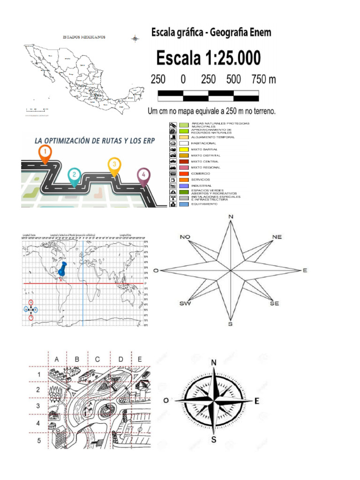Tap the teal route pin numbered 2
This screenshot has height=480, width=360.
tap(73, 176)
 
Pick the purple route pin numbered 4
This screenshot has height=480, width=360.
tap(144, 176)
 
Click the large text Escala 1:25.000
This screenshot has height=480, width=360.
tap(209, 59)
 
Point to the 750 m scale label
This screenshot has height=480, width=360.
tap(264, 79)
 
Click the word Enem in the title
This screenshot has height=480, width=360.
tap(256, 33)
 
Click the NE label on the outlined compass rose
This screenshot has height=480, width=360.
tap(277, 237)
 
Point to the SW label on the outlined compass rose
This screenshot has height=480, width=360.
tap(185, 303)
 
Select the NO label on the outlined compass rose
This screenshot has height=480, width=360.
tap(185, 237)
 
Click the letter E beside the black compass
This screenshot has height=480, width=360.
tap(256, 401)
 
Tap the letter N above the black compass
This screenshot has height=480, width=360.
tap(214, 362)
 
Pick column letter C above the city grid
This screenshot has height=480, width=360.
tap(97, 359)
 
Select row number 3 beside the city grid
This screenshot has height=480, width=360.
tap(39, 405)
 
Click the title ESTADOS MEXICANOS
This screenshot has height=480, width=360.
tap(84, 37)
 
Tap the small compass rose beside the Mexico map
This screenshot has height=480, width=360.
tap(135, 38)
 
